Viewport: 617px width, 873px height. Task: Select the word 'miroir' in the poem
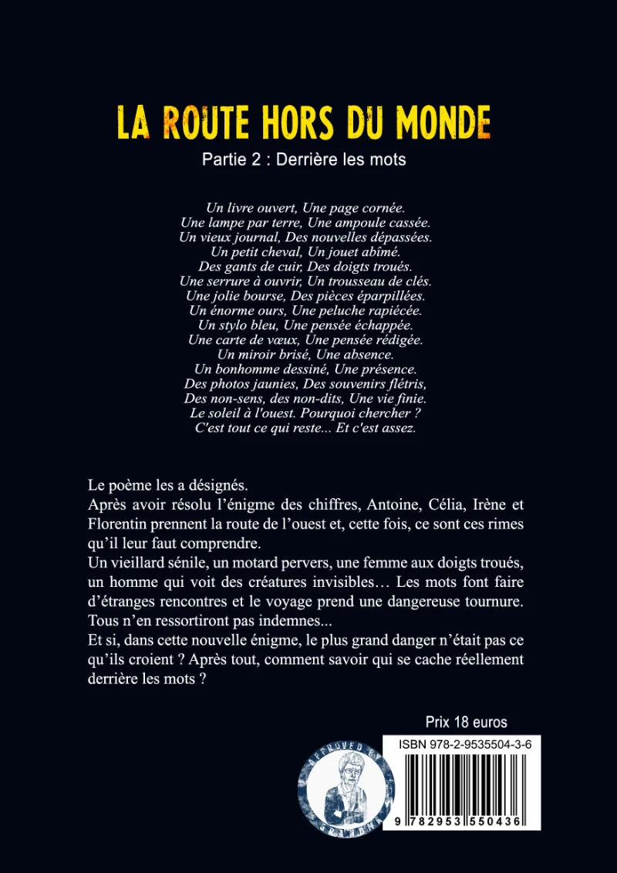(264, 355)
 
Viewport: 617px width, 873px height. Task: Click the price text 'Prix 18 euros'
(466, 723)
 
